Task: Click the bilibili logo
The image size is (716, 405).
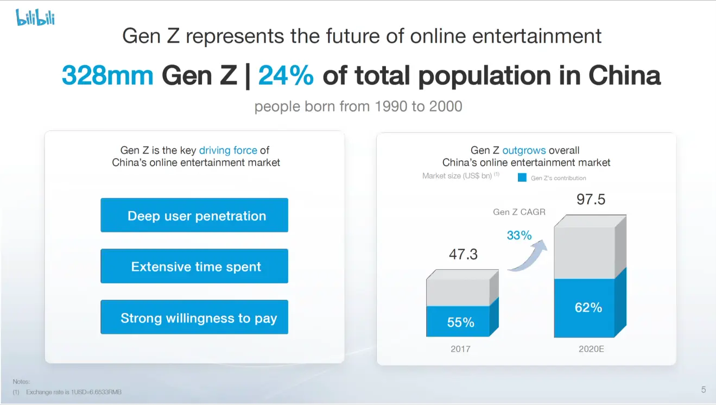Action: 35,18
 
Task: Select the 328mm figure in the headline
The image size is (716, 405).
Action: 107,75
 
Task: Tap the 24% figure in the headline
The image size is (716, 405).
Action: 286,75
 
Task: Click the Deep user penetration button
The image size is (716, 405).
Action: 194,216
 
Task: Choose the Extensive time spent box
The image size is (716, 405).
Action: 194,267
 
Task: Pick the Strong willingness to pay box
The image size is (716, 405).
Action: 194,318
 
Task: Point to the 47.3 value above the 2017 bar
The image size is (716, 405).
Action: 463,254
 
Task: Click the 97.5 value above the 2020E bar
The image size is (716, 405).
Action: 591,200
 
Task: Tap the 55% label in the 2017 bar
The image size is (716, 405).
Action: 460,322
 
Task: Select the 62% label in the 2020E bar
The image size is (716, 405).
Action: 588,307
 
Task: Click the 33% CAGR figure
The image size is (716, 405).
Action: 519,235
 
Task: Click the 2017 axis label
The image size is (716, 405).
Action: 460,349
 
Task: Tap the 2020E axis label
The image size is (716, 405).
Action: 591,349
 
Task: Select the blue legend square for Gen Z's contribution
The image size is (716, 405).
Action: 522,178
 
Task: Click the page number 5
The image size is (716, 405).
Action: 704,389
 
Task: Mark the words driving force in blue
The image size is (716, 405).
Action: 228,150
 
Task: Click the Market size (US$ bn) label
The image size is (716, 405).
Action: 457,176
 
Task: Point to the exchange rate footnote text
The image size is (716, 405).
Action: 70,392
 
